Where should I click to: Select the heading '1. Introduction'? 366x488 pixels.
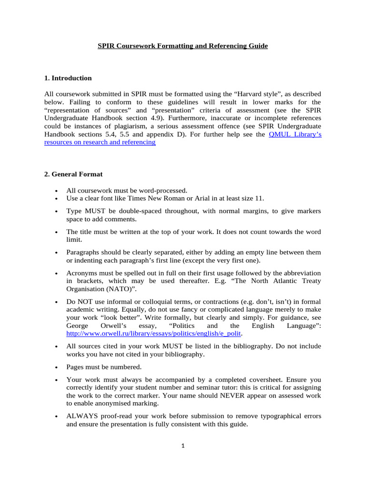click(x=68, y=78)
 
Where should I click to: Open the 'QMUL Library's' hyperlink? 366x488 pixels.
click(x=295, y=134)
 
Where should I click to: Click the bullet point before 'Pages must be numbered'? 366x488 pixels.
click(x=57, y=368)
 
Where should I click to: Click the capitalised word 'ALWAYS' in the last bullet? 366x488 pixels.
click(x=82, y=416)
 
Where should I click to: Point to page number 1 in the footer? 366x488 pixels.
click(x=183, y=446)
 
